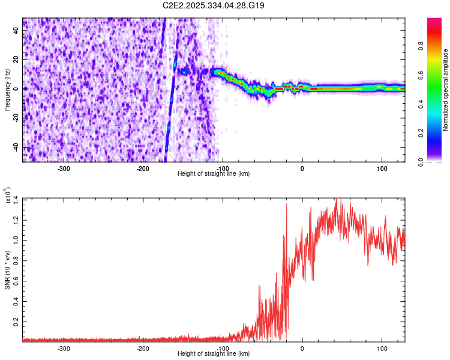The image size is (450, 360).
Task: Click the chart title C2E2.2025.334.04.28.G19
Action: click(x=214, y=5)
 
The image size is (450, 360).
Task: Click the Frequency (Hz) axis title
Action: click(x=7, y=90)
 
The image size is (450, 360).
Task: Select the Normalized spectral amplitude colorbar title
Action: click(x=446, y=90)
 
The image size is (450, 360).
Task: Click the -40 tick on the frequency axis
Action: click(x=16, y=148)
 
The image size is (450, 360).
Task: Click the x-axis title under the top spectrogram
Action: click(x=214, y=174)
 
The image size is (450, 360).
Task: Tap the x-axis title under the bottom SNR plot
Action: click(x=214, y=354)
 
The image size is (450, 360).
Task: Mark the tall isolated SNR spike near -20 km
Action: click(x=286, y=206)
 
